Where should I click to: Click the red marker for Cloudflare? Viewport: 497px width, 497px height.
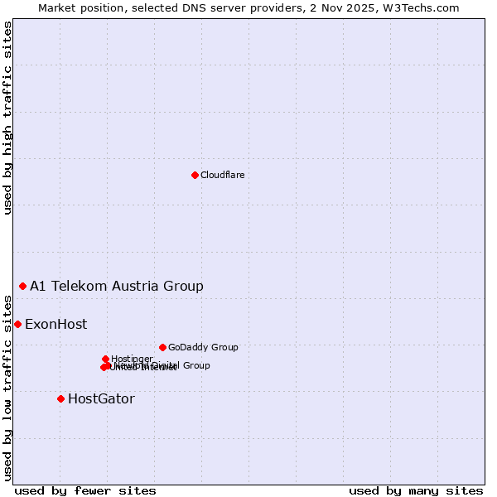click(x=195, y=175)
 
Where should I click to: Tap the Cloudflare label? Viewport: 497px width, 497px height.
click(x=222, y=175)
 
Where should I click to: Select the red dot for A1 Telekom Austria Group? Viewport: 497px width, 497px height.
click(x=22, y=286)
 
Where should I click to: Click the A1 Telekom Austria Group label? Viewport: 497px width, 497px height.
click(x=117, y=287)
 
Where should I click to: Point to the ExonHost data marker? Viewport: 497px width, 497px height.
click(x=17, y=324)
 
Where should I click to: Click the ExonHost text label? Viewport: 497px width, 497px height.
click(x=55, y=325)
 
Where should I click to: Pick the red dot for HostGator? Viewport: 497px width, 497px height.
click(x=60, y=398)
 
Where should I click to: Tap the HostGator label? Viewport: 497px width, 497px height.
click(x=101, y=399)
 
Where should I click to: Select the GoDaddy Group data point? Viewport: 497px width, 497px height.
click(x=162, y=347)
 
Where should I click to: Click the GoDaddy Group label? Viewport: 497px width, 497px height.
click(x=203, y=348)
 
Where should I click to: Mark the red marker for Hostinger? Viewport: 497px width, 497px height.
click(x=105, y=359)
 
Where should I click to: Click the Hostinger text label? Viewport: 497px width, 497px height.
click(x=132, y=359)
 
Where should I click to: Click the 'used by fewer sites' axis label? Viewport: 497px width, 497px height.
click(x=85, y=490)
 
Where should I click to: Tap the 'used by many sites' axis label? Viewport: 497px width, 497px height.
click(x=416, y=490)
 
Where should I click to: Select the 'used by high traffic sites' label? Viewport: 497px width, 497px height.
click(x=8, y=118)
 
